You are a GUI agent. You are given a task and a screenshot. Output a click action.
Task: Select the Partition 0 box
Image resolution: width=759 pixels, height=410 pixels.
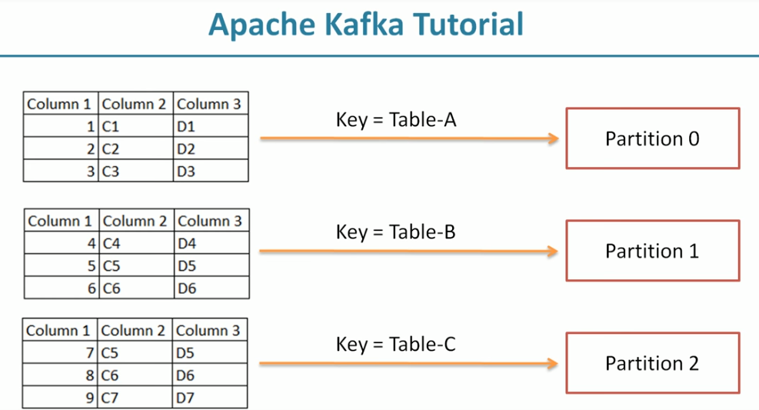tap(652, 138)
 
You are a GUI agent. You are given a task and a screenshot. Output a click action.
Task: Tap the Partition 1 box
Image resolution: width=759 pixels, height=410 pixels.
tap(652, 251)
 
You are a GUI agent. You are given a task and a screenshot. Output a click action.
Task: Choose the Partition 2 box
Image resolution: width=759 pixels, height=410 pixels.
tap(652, 363)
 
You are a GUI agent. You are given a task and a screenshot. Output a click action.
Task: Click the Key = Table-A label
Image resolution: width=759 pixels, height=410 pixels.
tap(397, 119)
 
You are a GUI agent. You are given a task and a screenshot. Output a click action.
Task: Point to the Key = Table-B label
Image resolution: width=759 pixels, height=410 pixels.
tap(396, 232)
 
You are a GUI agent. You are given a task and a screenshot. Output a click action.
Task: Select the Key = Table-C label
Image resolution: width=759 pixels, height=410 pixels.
tap(396, 344)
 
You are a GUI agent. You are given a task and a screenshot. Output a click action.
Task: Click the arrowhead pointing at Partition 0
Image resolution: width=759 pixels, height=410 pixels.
tap(552, 138)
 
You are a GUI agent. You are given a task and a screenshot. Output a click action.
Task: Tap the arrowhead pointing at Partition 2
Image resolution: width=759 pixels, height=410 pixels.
tap(552, 364)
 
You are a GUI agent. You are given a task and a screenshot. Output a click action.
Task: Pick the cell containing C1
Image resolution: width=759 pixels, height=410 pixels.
tap(135, 126)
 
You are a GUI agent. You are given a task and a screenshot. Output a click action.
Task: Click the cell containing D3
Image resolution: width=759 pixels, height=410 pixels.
tap(210, 171)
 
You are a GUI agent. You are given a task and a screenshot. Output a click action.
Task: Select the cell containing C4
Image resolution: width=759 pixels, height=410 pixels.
tap(136, 243)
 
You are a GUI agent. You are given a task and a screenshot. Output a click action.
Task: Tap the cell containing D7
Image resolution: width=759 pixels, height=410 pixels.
tap(209, 398)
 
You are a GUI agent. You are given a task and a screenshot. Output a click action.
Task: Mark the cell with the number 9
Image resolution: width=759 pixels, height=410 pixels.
tap(59, 398)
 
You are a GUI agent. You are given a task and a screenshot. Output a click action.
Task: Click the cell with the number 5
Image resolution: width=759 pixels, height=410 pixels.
tap(61, 265)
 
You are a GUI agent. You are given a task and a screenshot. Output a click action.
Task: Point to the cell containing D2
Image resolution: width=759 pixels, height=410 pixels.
tap(210, 148)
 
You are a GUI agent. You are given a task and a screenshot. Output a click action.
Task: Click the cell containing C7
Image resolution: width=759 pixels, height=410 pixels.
tap(135, 398)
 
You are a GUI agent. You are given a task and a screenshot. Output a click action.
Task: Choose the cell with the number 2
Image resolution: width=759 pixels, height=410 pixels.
tap(60, 148)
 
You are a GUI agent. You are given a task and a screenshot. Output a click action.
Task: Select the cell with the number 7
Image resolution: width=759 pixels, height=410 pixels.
tap(59, 353)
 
